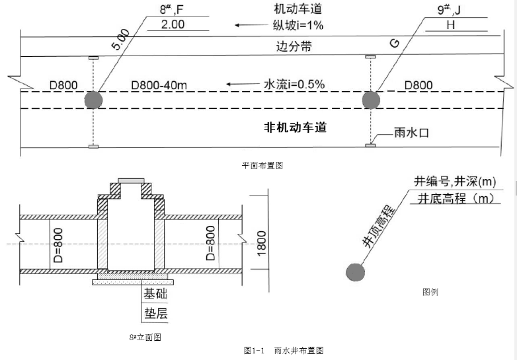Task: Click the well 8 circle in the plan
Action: coord(94,99)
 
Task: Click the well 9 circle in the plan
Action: coord(371,99)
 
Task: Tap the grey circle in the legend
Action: coord(356,272)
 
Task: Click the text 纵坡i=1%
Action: coord(299,26)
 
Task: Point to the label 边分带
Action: coord(294,47)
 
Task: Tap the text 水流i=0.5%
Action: coord(294,85)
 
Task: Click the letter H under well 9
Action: coord(450,26)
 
